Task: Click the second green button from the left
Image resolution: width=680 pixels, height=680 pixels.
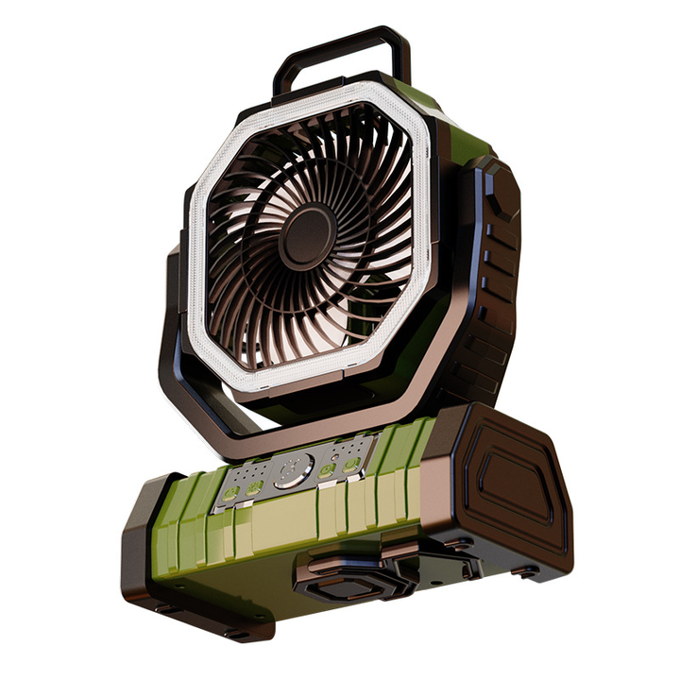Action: point(254,487)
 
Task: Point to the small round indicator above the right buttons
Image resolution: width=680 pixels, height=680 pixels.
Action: point(335,456)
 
